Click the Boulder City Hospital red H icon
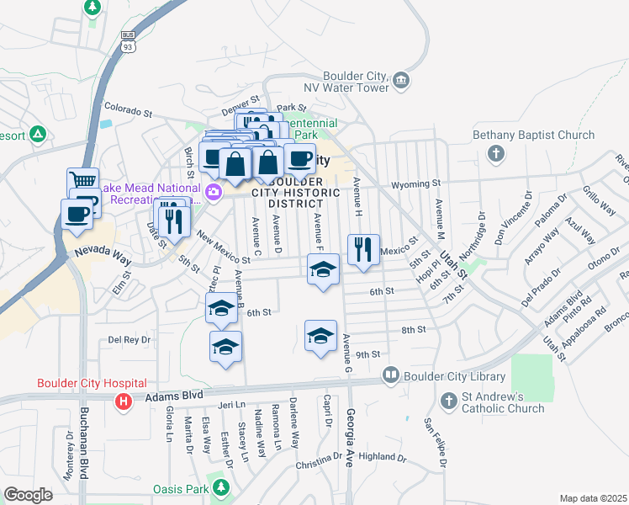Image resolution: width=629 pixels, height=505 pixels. coord(124,402)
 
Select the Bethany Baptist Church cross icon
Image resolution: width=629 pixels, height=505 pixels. coord(496,154)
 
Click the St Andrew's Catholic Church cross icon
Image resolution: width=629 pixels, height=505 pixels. coord(448,397)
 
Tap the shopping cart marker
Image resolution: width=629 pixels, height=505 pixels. coord(82,180)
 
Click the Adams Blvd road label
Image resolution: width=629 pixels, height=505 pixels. coord(175,393)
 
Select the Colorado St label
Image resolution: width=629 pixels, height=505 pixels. coord(128,110)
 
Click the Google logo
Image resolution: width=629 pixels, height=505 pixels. coord(28,495)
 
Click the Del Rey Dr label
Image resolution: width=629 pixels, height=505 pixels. coord(129,340)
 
